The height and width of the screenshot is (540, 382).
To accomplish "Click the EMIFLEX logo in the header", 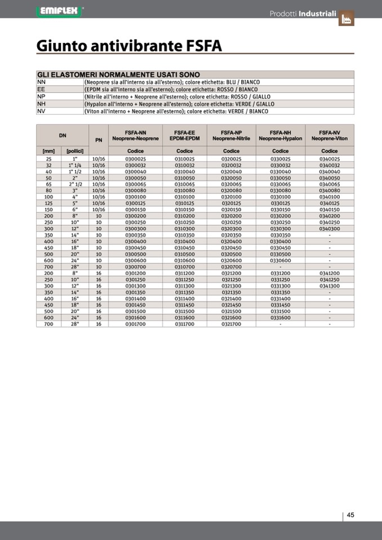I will tap(59, 11).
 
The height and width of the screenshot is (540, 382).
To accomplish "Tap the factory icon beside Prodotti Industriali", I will tap(346, 19).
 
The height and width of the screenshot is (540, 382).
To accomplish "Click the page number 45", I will tap(350, 515).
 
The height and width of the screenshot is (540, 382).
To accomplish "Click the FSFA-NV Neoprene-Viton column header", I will tap(330, 135).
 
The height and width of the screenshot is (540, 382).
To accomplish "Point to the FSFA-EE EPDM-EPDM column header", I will tap(184, 135).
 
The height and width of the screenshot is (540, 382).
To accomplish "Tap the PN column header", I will tap(99, 140).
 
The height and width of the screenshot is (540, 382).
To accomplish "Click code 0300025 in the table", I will tap(135, 159).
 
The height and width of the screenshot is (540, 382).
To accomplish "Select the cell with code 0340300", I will tap(330, 229).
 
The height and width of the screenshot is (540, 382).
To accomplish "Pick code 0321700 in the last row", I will tap(231, 324).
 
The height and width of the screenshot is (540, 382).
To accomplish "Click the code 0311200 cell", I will tap(184, 273).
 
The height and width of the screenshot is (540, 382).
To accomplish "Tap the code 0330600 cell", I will tap(280, 260).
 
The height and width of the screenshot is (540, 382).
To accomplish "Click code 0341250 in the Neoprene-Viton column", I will tap(330, 279).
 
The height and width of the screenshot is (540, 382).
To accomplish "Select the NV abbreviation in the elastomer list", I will tap(41, 111).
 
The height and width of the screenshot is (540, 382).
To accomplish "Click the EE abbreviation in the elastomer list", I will tap(41, 90).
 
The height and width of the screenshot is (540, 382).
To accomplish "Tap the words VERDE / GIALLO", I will tap(251, 104).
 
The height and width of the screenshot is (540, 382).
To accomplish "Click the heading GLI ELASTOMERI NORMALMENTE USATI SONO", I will tap(118, 74).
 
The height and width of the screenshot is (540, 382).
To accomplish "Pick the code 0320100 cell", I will tap(231, 197).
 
